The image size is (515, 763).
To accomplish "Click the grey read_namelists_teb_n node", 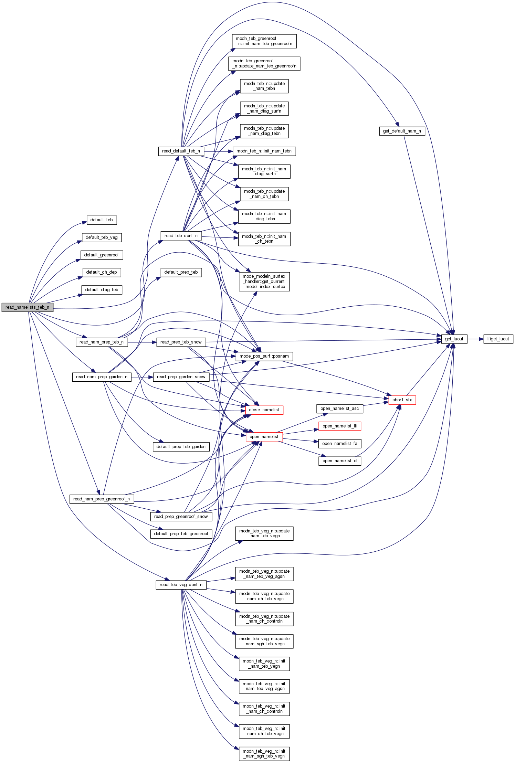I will (x=27, y=307).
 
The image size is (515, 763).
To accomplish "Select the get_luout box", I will (x=454, y=339).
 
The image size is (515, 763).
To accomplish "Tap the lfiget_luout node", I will (x=498, y=339).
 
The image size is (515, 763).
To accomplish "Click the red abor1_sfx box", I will (x=402, y=400).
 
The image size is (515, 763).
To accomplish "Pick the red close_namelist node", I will (x=264, y=410).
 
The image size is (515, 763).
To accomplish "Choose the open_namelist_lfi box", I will (x=340, y=426).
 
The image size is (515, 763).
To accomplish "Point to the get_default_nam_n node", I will (x=402, y=131).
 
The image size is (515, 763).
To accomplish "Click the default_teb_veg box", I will (x=102, y=237).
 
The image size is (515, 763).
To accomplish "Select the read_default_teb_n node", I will (x=181, y=151).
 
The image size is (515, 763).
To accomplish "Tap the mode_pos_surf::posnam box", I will (x=264, y=356).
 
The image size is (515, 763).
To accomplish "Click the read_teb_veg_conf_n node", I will (x=181, y=585).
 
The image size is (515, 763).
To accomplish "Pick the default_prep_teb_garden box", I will (x=181, y=447).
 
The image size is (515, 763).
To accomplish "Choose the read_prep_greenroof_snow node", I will (x=181, y=517).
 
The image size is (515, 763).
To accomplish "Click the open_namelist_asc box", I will (x=340, y=409).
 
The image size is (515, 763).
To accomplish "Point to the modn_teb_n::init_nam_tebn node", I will (x=264, y=151).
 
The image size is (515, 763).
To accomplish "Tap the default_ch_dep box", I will (x=102, y=272).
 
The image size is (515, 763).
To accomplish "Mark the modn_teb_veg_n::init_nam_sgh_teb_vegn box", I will (x=264, y=754).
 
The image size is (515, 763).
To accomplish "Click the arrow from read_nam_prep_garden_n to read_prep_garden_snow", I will (x=142, y=377).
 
